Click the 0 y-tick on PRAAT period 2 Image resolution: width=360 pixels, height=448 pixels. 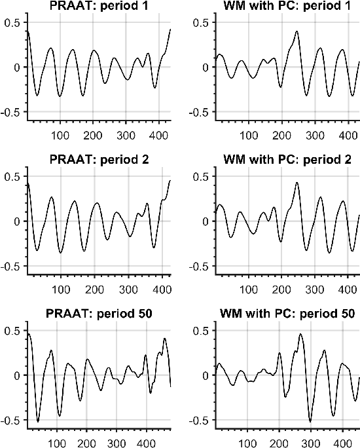click(14, 221)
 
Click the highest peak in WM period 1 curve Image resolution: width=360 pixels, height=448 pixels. click(297, 31)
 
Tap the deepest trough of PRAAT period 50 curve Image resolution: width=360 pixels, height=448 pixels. click(38, 421)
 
